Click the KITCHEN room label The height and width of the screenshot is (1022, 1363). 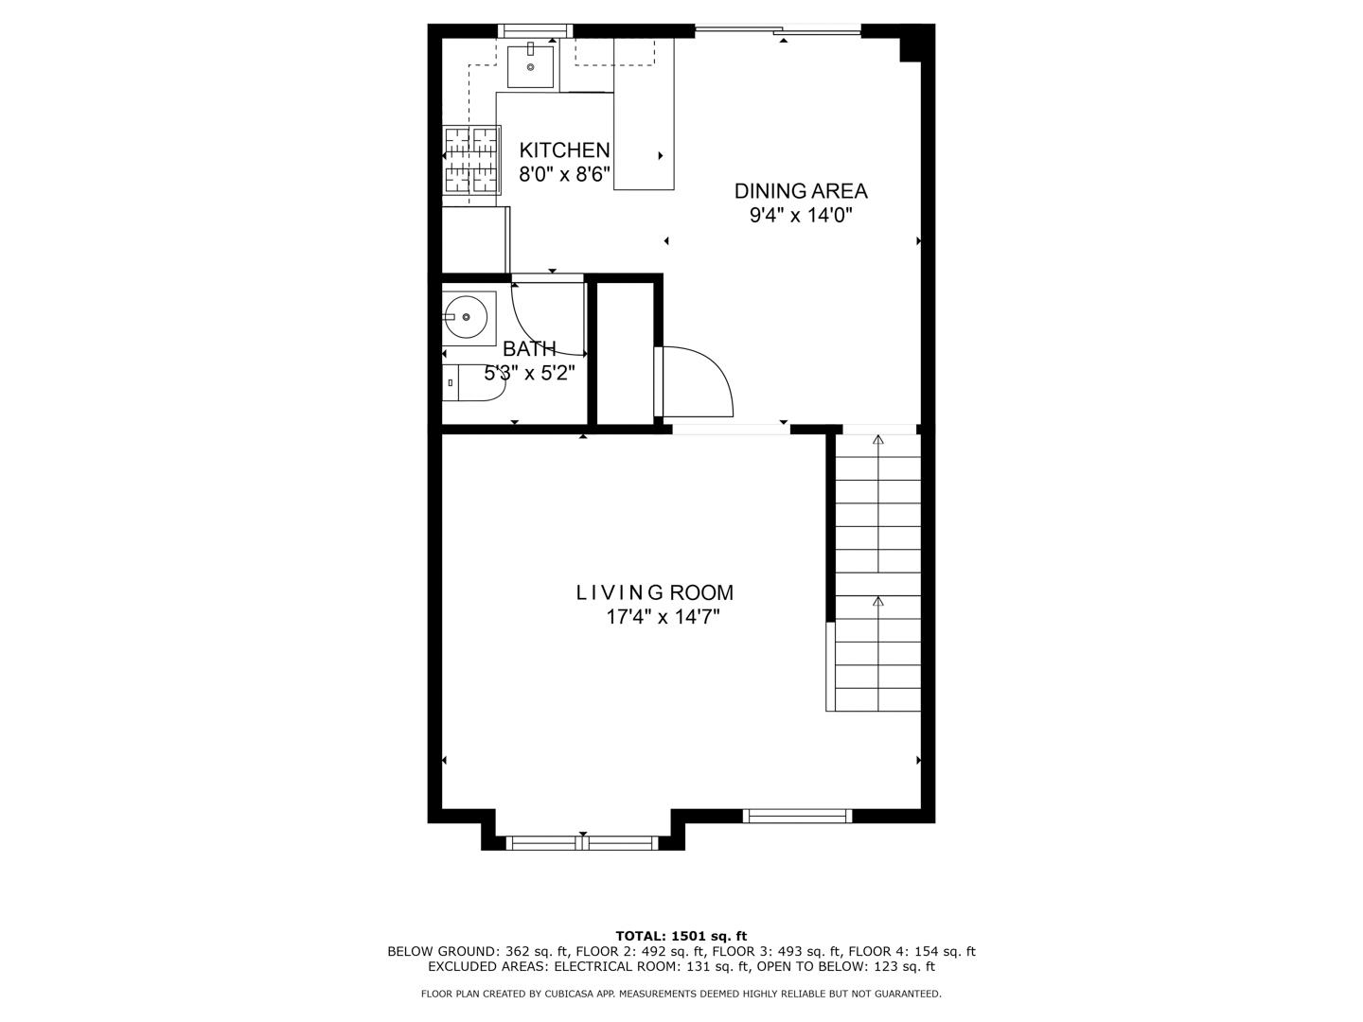(x=564, y=150)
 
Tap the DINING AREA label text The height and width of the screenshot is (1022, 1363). (x=801, y=191)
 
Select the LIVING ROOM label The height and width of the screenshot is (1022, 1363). (x=655, y=593)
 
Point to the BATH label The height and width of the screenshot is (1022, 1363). (x=529, y=348)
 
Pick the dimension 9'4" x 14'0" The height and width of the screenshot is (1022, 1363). (x=801, y=216)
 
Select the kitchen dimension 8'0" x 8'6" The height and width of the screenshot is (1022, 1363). (x=564, y=175)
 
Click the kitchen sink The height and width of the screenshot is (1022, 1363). (x=530, y=65)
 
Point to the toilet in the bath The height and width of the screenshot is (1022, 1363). (x=470, y=383)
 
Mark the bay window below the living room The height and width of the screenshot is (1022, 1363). (x=583, y=842)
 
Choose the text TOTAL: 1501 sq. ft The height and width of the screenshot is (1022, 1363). (x=681, y=936)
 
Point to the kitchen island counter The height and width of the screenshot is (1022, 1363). (x=644, y=114)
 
